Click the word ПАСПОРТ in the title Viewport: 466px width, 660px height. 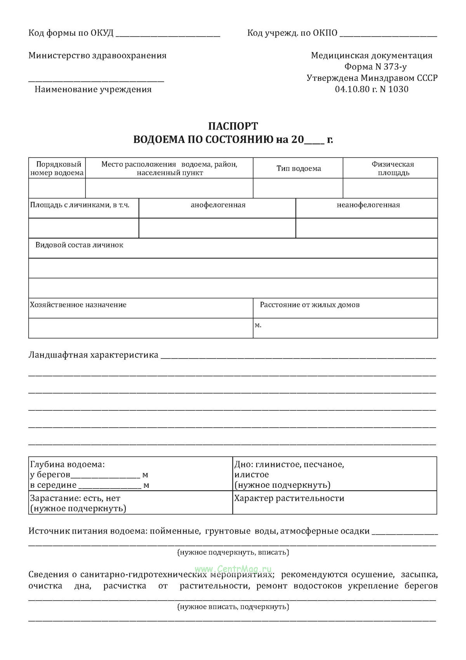[x=233, y=126]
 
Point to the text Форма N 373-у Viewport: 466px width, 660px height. [x=376, y=67]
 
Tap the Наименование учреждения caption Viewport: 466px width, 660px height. [x=93, y=89]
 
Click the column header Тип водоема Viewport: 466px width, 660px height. [x=299, y=168]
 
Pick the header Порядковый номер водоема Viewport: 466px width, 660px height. [x=57, y=168]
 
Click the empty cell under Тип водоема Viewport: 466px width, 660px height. [x=298, y=188]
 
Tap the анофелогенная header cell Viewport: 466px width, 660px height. [x=218, y=205]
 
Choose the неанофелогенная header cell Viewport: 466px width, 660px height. [x=368, y=205]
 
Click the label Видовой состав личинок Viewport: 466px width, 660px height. [x=79, y=245]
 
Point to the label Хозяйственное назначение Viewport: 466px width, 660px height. [x=78, y=305]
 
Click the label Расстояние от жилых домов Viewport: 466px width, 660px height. [x=310, y=305]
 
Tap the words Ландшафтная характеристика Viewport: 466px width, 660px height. [x=93, y=355]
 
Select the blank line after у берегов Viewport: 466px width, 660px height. [x=105, y=476]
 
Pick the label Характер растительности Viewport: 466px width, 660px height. [x=289, y=498]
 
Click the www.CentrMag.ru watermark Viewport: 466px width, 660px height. [x=233, y=569]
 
